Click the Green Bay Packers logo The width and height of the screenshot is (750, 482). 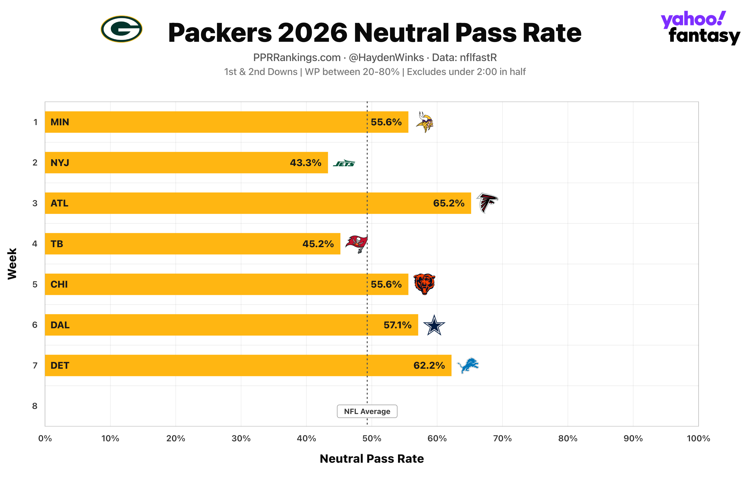point(121,29)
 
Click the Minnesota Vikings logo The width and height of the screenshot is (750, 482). point(425,122)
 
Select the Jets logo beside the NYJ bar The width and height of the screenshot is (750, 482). point(344,163)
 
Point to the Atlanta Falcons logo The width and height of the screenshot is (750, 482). point(487,203)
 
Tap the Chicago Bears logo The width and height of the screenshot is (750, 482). point(425,284)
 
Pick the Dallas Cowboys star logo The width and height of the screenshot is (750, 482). point(434,325)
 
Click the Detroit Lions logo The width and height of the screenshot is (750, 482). point(468,365)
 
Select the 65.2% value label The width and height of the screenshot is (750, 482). point(449,203)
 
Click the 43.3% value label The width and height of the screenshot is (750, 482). point(306,163)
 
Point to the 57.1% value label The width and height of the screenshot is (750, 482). point(397,325)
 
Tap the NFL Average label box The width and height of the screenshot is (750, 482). point(367,411)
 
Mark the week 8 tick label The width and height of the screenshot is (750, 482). point(35,406)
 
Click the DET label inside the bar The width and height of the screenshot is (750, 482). point(60,366)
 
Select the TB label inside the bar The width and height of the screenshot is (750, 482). point(57,244)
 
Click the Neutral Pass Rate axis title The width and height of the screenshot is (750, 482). point(372,459)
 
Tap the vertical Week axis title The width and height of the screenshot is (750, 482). point(12,264)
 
